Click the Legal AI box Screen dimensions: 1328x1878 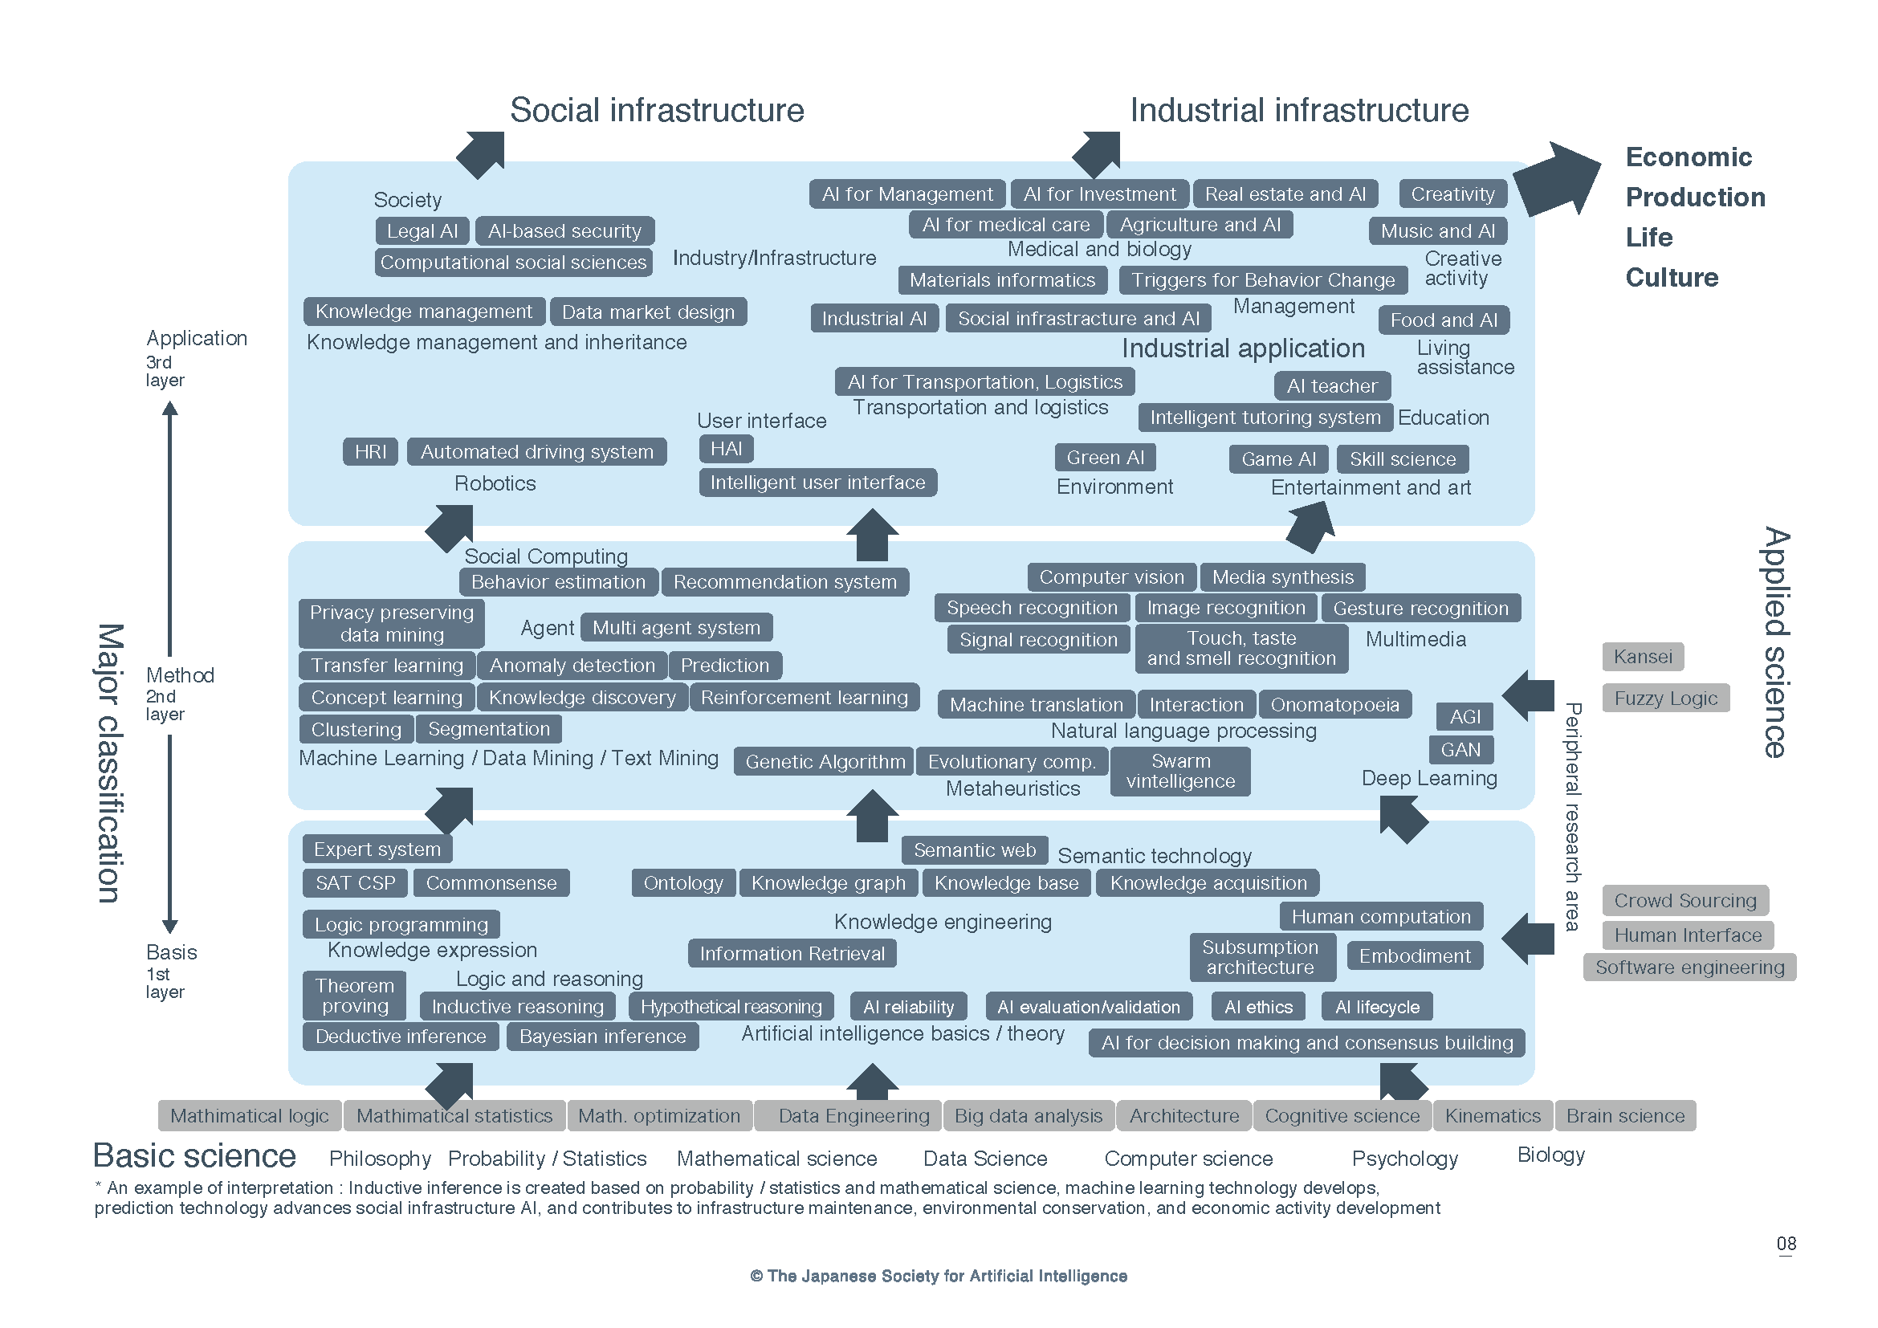[x=422, y=231]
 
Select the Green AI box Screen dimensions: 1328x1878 [x=1105, y=458]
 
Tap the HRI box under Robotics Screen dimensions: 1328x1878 [x=369, y=452]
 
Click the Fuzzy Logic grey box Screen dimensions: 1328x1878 [x=1665, y=699]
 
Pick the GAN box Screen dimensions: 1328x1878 [x=1460, y=750]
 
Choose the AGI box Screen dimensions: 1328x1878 [x=1465, y=717]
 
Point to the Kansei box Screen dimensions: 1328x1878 [x=1643, y=657]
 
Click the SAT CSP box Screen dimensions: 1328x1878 [x=355, y=883]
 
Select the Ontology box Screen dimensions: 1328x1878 [x=683, y=883]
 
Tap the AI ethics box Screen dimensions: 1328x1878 [x=1258, y=1008]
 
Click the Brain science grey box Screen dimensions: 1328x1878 [x=1625, y=1116]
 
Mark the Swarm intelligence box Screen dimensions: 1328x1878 [x=1180, y=771]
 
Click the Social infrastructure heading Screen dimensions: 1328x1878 [x=657, y=110]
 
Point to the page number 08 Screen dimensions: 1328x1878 [x=1786, y=1244]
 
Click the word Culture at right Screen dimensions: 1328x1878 [x=1671, y=278]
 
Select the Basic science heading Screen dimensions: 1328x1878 [x=194, y=1156]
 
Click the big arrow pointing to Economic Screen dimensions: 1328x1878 [x=1557, y=178]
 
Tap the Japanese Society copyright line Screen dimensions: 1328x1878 [x=938, y=1277]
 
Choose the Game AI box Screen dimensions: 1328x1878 [x=1278, y=459]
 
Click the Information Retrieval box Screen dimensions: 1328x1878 [x=792, y=954]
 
